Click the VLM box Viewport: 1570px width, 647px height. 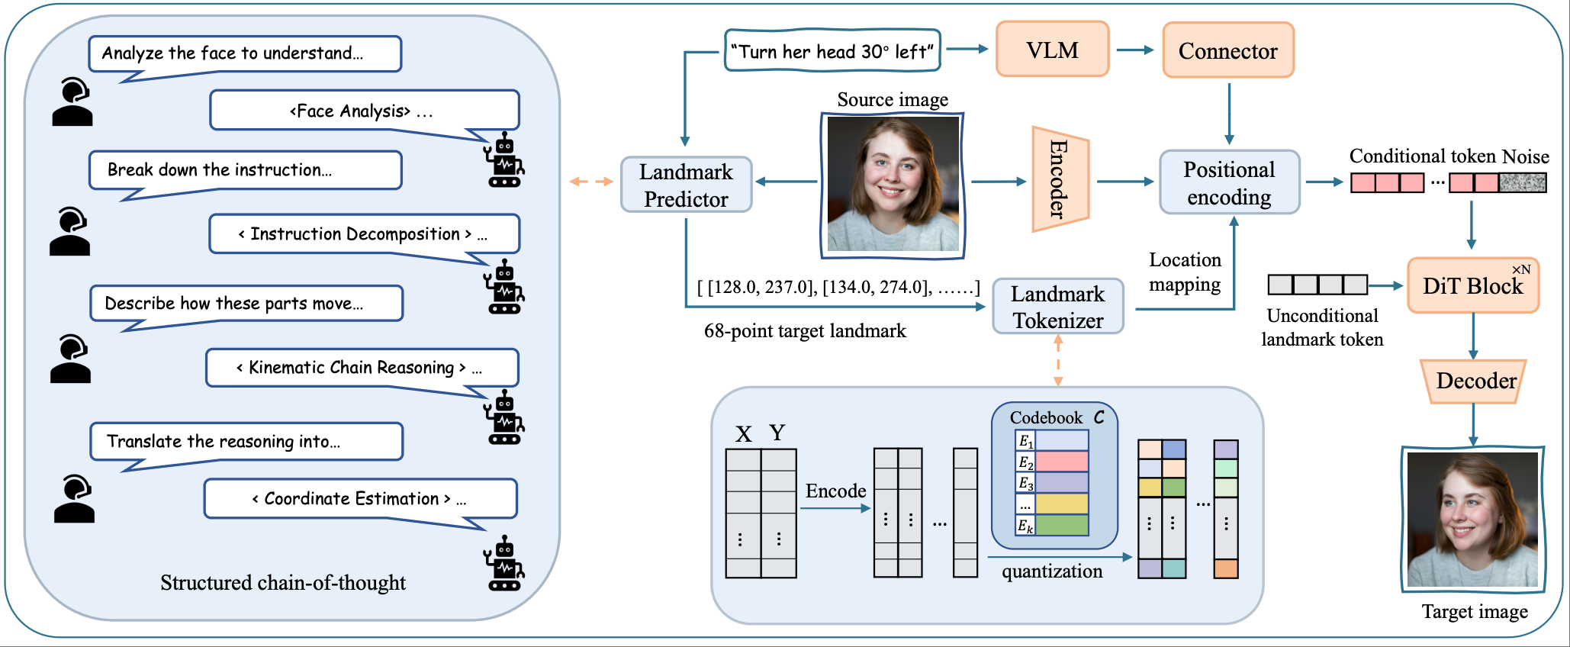(1052, 50)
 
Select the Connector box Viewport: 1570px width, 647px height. (1227, 50)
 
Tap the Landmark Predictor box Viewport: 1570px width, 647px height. (686, 185)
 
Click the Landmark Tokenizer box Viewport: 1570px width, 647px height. (1057, 307)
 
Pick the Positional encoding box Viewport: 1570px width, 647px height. (1229, 182)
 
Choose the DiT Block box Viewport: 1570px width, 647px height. (1472, 286)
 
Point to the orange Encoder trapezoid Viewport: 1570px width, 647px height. (1060, 179)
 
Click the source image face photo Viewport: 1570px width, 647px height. (893, 184)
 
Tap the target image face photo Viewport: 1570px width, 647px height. (1472, 520)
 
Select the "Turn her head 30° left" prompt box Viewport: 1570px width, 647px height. (832, 51)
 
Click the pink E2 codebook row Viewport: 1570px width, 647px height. (1061, 462)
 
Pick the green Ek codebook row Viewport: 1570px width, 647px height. (1061, 525)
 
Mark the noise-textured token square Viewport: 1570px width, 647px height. (1522, 183)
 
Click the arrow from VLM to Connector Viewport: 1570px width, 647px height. (1134, 50)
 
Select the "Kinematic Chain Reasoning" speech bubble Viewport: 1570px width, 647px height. (362, 368)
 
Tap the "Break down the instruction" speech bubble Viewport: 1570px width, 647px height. (245, 170)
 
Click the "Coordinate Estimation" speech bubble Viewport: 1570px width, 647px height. (360, 499)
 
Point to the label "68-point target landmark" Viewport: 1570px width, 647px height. (805, 331)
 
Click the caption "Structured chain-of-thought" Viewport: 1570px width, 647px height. (283, 583)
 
